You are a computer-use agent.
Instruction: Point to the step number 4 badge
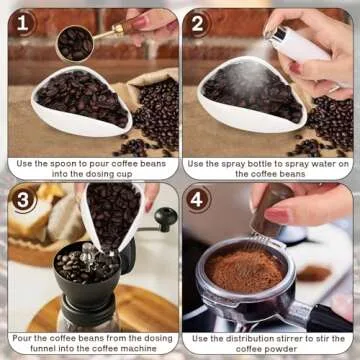point(200,200)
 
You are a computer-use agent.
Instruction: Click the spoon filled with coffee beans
point(76,43)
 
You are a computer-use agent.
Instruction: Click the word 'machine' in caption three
point(131,349)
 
